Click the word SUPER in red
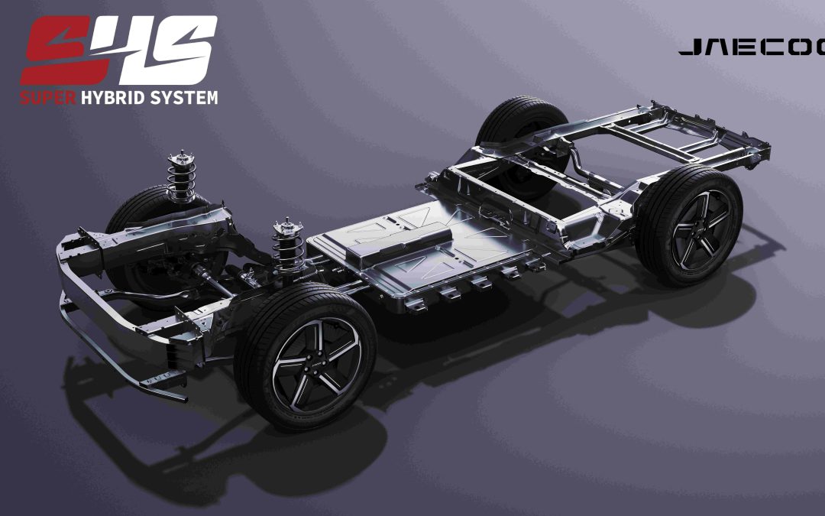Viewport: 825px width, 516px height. pos(48,98)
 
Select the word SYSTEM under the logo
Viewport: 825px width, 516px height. pos(183,98)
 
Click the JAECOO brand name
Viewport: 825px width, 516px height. pos(752,48)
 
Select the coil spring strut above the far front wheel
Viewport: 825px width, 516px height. pos(181,177)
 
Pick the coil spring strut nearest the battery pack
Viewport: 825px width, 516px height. pos(288,245)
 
